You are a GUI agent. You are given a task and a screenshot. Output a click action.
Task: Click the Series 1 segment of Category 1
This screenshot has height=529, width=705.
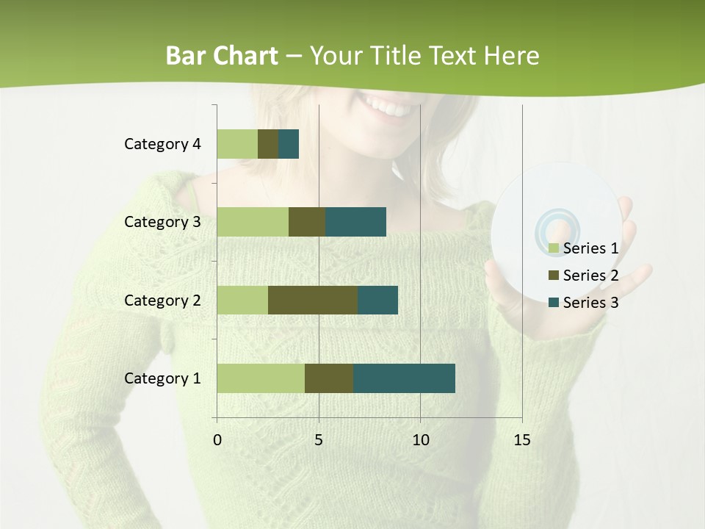[261, 378]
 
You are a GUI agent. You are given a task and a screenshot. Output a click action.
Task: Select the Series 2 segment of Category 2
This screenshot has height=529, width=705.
[313, 300]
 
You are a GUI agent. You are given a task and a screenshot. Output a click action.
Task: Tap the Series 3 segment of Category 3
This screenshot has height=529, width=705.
[356, 222]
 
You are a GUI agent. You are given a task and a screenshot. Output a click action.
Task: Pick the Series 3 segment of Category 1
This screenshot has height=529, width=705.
[404, 378]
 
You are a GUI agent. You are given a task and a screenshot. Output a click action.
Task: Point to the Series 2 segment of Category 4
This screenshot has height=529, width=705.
[268, 144]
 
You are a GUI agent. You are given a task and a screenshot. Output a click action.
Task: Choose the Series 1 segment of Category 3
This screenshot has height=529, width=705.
[253, 222]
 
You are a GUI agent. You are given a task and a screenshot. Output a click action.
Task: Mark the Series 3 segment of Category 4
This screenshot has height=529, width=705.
[289, 144]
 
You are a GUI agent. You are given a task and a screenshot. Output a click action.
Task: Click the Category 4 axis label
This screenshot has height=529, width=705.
[162, 144]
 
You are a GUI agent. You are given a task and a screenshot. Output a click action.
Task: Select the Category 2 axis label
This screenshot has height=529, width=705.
[162, 300]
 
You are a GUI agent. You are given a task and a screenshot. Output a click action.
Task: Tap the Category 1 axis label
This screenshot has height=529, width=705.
[162, 378]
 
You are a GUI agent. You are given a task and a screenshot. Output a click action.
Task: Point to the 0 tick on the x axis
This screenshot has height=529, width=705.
[217, 440]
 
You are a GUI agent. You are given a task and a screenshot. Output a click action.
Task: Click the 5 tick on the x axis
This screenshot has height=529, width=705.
[319, 440]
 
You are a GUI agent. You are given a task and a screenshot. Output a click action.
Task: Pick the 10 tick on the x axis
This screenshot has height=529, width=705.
[420, 440]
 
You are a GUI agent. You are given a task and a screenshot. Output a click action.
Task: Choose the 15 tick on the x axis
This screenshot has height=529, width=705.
[521, 440]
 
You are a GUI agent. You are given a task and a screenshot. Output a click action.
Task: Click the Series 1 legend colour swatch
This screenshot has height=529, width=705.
[554, 248]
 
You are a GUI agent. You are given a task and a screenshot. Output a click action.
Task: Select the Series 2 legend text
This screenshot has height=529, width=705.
[590, 276]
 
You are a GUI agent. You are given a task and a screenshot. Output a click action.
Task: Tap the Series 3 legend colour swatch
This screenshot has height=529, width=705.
[554, 303]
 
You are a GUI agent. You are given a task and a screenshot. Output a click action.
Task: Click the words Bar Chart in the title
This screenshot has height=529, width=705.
[222, 56]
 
